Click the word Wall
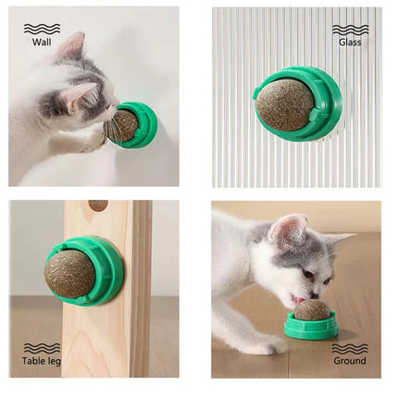[41, 43]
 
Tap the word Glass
[350, 43]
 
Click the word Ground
[349, 362]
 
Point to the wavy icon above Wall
[42, 29]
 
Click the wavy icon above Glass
[350, 30]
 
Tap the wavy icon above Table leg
[43, 348]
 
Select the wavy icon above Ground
[349, 348]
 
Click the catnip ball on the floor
[313, 310]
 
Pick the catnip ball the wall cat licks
[123, 125]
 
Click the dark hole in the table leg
[97, 205]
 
